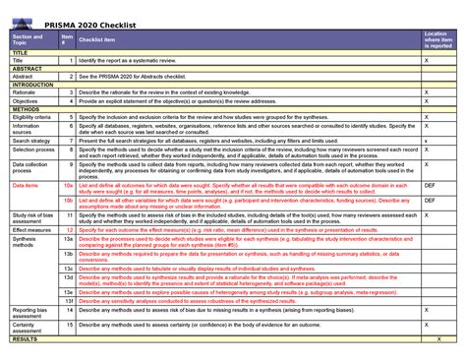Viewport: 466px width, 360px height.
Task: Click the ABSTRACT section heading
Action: (27, 68)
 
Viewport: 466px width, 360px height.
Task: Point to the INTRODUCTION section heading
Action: (33, 85)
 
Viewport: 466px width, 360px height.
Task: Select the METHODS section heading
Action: (26, 108)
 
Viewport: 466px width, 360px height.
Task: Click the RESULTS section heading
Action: (25, 338)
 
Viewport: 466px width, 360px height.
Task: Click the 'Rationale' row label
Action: (25, 92)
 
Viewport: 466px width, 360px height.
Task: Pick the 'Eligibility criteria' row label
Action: (32, 116)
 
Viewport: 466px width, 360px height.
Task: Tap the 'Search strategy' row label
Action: (31, 140)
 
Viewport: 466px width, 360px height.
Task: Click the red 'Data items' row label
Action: (25, 184)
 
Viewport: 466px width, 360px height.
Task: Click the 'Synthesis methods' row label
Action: (25, 242)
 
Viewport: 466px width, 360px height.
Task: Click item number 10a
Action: (68, 184)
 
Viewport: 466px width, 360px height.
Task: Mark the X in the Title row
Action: (426, 60)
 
